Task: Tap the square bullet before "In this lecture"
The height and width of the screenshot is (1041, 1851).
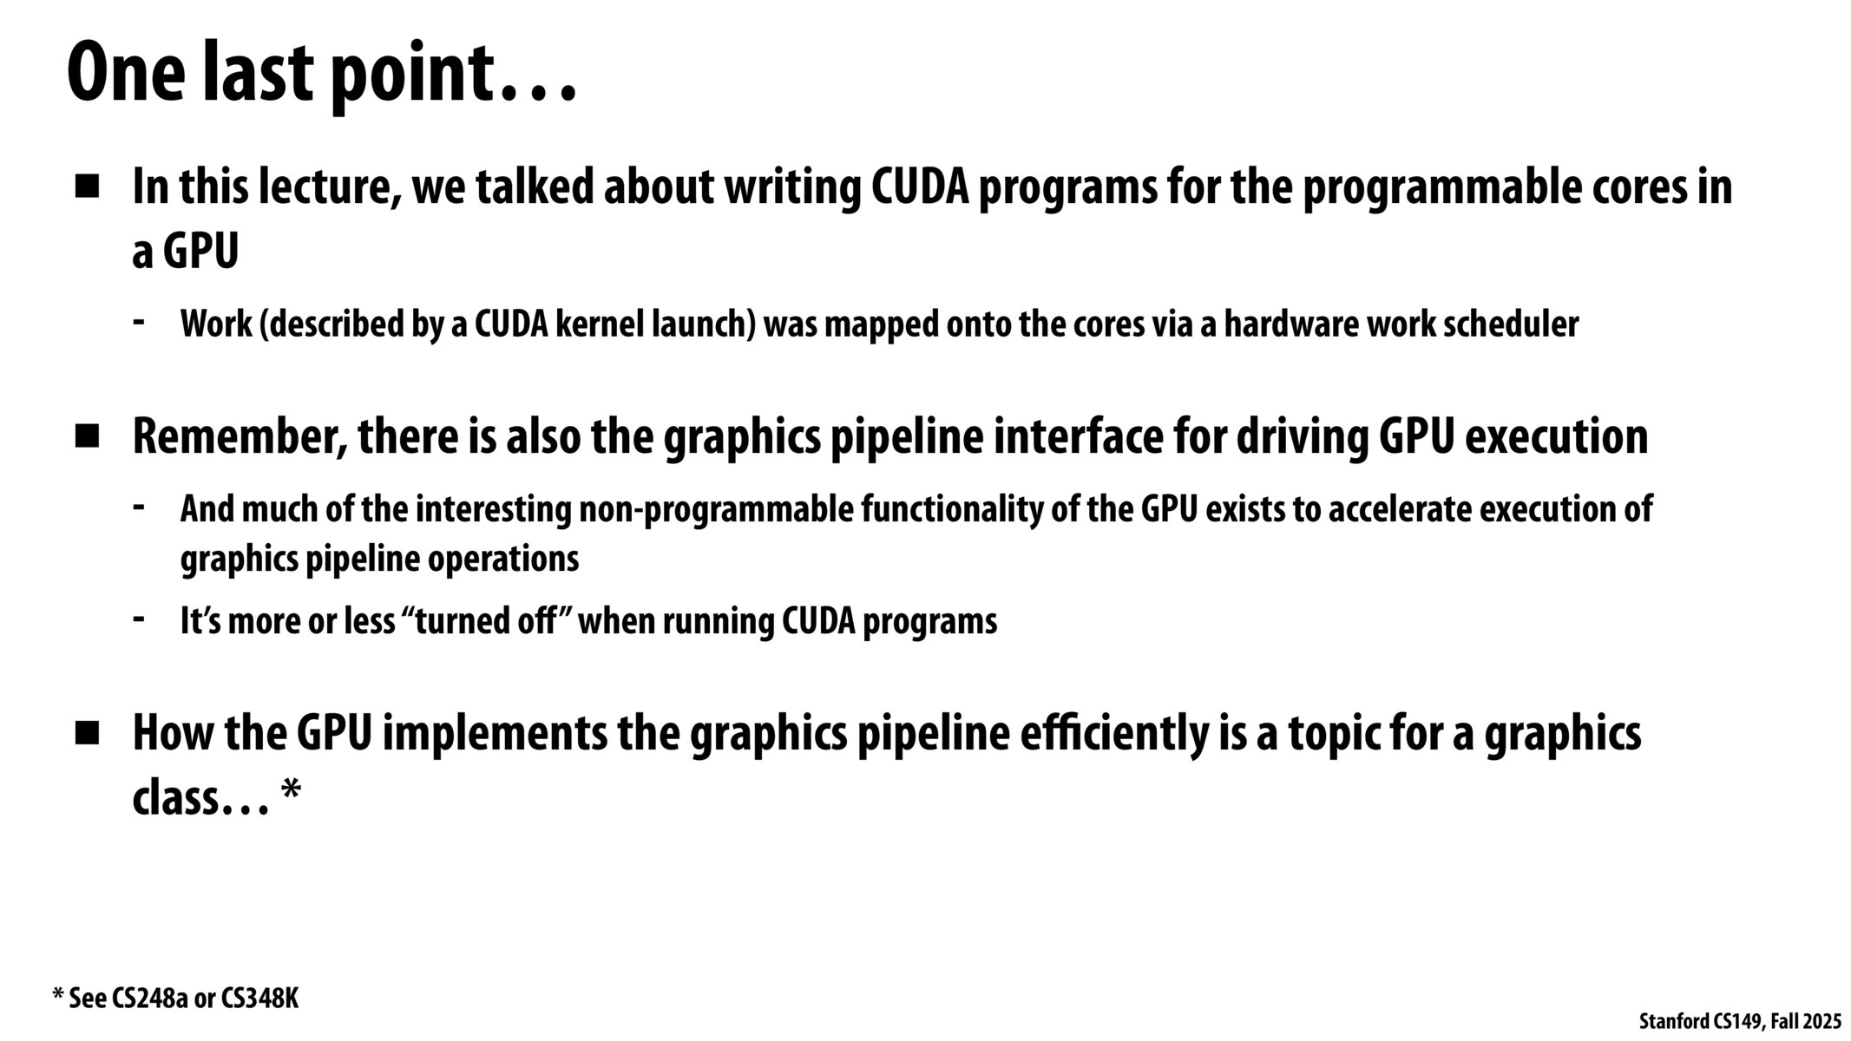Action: pos(88,187)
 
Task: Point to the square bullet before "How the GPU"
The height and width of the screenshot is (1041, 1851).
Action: pos(88,734)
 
